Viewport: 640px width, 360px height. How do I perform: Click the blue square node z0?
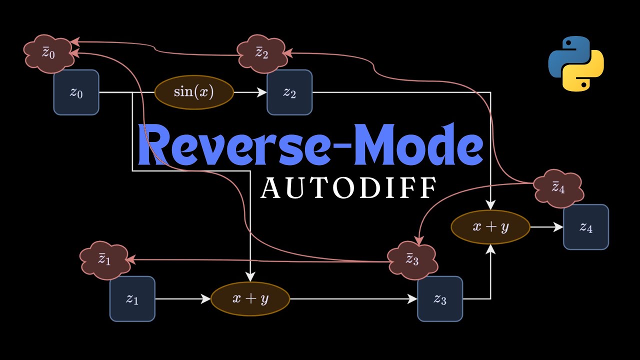point(76,92)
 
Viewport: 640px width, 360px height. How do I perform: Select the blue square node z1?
point(132,298)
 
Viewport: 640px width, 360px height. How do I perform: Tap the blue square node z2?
point(289,92)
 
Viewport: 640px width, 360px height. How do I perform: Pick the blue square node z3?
point(439,298)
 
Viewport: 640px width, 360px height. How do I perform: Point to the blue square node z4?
point(585,227)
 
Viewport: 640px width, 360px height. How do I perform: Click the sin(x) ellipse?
point(194,92)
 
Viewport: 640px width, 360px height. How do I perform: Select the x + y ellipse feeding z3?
point(250,298)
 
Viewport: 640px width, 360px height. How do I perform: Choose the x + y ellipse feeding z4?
point(490,227)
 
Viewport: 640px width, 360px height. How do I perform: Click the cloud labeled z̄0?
point(48,52)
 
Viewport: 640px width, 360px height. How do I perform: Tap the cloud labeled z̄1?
point(104,259)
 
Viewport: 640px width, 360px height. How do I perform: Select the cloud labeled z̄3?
point(412,260)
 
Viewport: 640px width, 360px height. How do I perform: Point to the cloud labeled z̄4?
point(558,188)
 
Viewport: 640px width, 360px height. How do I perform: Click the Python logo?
point(576,63)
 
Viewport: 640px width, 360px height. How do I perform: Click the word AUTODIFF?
point(348,188)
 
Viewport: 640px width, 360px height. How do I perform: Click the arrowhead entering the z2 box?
point(261,92)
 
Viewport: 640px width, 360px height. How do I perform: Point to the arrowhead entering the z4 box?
point(558,227)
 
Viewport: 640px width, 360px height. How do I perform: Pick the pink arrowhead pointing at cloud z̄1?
point(131,259)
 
